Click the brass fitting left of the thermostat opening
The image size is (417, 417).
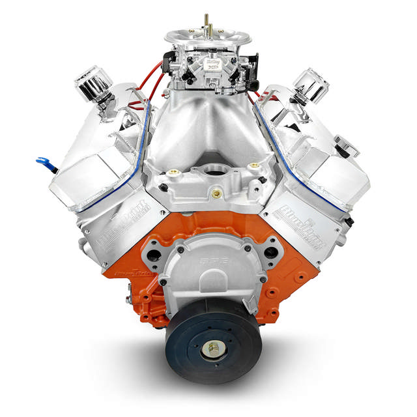(172, 173)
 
